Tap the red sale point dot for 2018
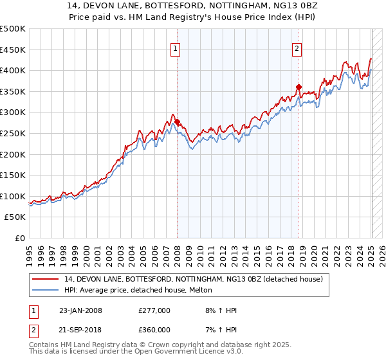299,87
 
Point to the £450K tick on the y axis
13,50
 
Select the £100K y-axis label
13,196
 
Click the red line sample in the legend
46,278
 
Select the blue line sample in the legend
46,290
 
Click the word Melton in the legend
199,290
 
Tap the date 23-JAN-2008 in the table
80,311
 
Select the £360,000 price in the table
154,330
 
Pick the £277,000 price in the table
154,311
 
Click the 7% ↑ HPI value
219,330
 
